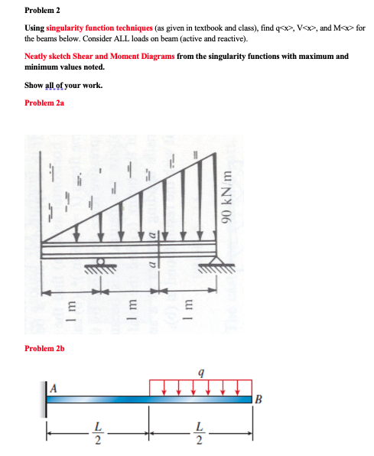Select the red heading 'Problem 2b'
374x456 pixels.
(x=45, y=348)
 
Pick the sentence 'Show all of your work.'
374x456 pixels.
(x=63, y=85)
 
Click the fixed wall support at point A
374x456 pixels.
(x=49, y=398)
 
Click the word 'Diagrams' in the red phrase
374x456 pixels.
(x=154, y=56)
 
